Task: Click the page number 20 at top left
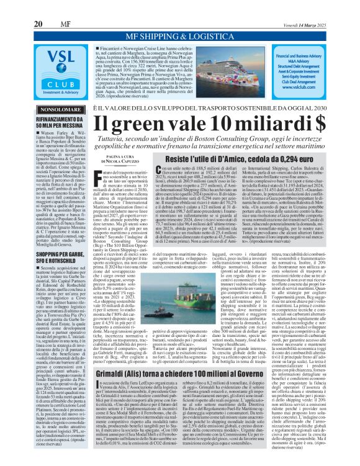[37, 6]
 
